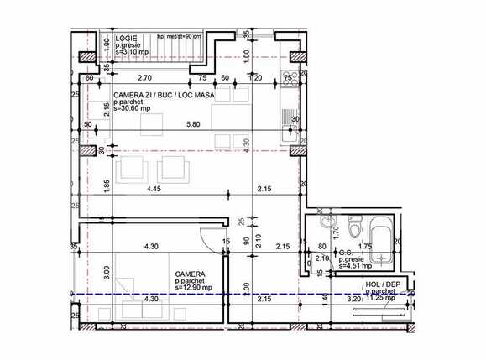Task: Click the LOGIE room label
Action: (127, 38)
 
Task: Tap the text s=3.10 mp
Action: (133, 52)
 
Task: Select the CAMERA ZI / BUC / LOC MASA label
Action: (164, 96)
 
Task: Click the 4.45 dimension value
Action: (153, 190)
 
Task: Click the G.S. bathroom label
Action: (346, 253)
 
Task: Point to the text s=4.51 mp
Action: (357, 269)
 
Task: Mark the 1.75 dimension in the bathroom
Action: (365, 247)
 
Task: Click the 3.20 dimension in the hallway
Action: (353, 299)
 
